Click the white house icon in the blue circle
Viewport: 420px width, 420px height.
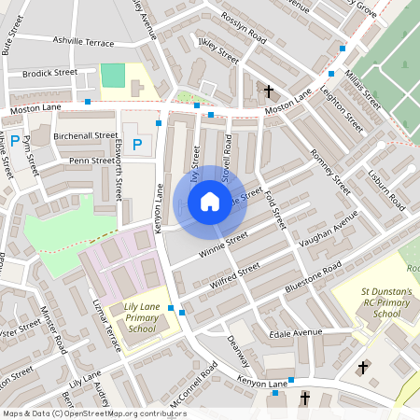tap(210, 201)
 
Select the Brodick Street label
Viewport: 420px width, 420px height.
tap(50, 72)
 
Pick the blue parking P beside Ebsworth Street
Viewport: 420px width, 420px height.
tap(137, 145)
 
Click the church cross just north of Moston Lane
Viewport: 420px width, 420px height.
tap(269, 91)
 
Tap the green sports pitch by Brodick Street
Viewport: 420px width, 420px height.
tap(112, 76)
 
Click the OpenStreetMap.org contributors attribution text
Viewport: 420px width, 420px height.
tap(121, 413)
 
